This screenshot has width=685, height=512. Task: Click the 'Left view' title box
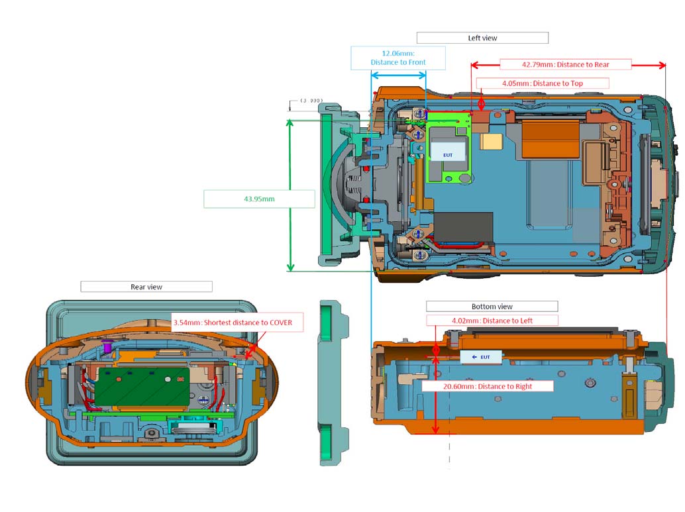[x=482, y=38]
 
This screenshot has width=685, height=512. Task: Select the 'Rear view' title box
[x=146, y=287]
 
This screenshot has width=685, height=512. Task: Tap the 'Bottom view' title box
[x=492, y=306]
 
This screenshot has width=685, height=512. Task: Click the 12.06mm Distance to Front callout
[x=398, y=58]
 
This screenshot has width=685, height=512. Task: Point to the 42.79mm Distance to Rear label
[x=565, y=65]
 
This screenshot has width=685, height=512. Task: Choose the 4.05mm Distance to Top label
[x=543, y=83]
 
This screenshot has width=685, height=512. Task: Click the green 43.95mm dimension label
[x=259, y=199]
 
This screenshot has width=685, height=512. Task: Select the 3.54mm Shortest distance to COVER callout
[x=237, y=323]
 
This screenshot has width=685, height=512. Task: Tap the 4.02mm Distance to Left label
[x=492, y=320]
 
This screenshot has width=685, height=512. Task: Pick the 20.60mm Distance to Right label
[x=488, y=386]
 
